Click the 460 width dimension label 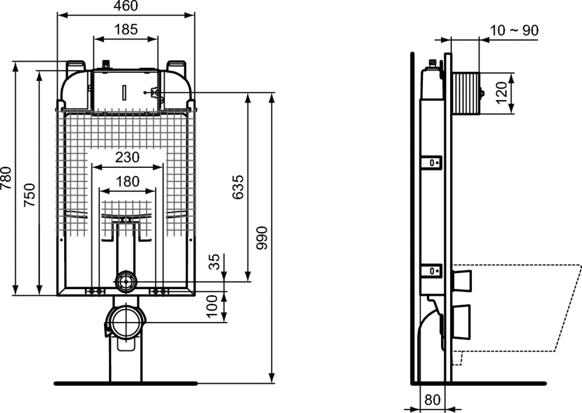pyautogui.click(x=126, y=6)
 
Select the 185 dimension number pyautogui.click(x=126, y=30)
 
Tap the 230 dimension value pyautogui.click(x=127, y=157)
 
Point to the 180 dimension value pyautogui.click(x=127, y=181)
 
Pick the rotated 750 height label pyautogui.click(x=30, y=195)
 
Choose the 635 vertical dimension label pyautogui.click(x=238, y=187)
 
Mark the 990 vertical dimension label pyautogui.click(x=262, y=238)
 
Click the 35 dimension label pyautogui.click(x=214, y=262)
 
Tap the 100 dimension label pyautogui.click(x=212, y=306)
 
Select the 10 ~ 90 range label pyautogui.click(x=514, y=30)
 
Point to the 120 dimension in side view pyautogui.click(x=501, y=93)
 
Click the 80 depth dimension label pyautogui.click(x=432, y=399)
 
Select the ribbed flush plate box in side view pyautogui.click(x=465, y=93)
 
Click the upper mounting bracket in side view pyautogui.click(x=431, y=163)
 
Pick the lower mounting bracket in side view pyautogui.click(x=431, y=271)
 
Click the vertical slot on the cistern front pyautogui.click(x=124, y=92)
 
